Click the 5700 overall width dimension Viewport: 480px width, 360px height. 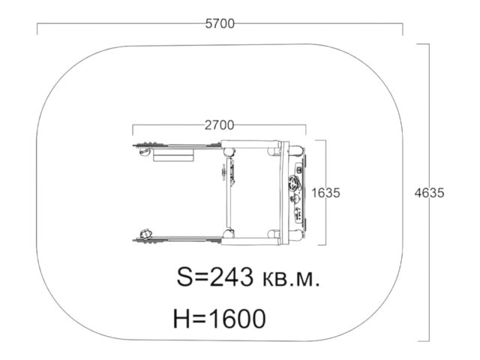pos(220,23)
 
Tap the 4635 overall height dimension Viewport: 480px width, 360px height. pos(429,193)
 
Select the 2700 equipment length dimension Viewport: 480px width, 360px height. pos(219,125)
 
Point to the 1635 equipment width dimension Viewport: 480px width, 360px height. pos(325,193)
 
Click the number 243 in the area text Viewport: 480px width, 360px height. pos(232,277)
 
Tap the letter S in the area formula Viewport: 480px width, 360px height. pos(185,277)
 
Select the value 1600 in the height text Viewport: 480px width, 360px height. pos(236,319)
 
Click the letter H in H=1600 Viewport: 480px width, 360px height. pos(182,319)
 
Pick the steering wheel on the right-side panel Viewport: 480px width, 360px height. pos(295,183)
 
